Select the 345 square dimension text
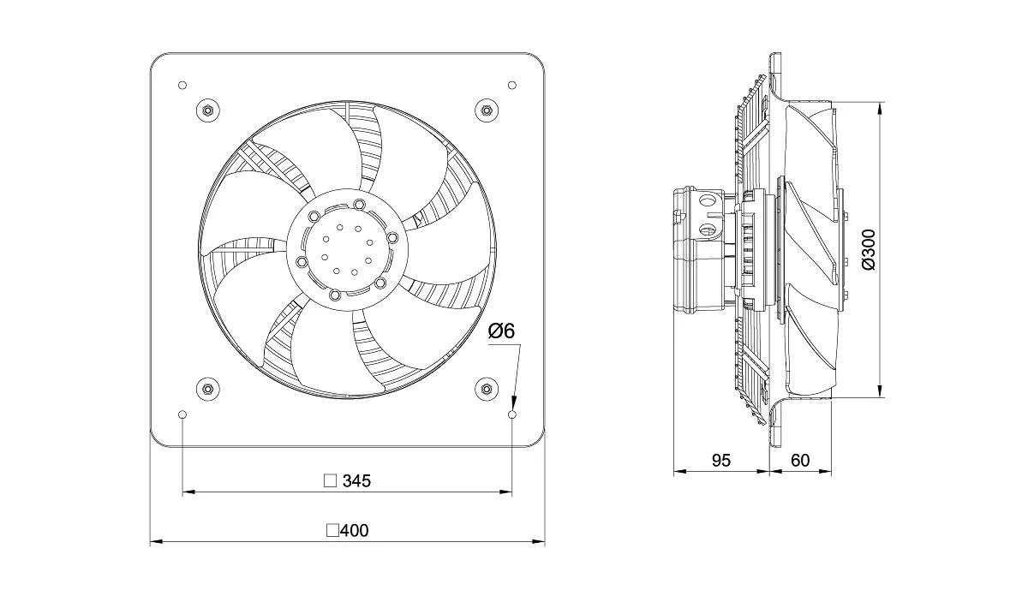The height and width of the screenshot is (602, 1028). (x=356, y=481)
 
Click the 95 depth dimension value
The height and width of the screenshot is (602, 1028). (x=721, y=461)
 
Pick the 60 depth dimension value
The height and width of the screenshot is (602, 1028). (x=800, y=461)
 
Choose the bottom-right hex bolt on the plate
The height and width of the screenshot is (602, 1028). (x=486, y=390)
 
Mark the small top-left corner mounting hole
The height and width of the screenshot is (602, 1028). (x=182, y=85)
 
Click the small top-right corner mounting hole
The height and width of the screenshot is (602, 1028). (x=511, y=85)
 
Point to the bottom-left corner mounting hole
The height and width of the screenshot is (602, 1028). (x=182, y=414)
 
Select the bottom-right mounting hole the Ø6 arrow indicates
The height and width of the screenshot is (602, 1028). (x=511, y=414)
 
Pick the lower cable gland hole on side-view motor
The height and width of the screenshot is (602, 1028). (x=708, y=229)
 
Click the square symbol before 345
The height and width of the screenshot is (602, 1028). (x=329, y=481)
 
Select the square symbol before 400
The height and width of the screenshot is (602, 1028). (x=332, y=531)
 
